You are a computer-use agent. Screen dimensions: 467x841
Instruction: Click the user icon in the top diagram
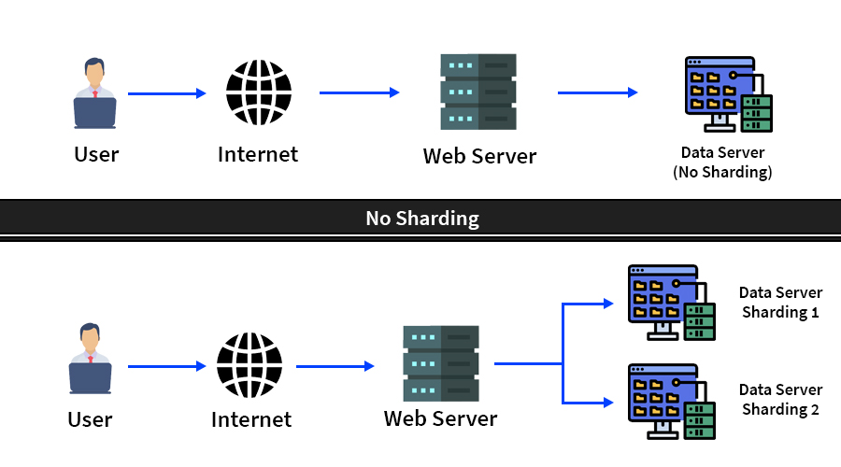click(95, 93)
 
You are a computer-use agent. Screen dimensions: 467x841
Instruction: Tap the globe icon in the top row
click(259, 92)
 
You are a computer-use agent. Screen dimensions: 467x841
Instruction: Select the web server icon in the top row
click(478, 92)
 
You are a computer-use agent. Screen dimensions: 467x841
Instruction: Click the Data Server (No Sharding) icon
click(728, 94)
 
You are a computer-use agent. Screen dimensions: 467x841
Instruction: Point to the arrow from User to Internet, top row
click(166, 93)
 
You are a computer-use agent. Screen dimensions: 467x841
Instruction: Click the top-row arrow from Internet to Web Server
click(359, 92)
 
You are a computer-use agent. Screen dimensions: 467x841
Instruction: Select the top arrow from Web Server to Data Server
click(597, 92)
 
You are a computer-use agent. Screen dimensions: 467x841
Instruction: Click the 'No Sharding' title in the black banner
click(421, 219)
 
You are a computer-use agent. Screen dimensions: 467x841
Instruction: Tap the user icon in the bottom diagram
click(90, 359)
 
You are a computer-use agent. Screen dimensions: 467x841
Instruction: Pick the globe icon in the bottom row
click(249, 365)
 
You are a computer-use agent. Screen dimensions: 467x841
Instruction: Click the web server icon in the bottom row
click(440, 364)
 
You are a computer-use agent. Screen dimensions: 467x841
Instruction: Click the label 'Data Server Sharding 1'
click(780, 303)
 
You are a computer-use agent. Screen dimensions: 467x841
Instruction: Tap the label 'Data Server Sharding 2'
click(780, 400)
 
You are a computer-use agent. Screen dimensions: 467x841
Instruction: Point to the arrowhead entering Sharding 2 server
click(608, 403)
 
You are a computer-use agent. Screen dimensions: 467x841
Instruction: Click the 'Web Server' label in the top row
click(479, 156)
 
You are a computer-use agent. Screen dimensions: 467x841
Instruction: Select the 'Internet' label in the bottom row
click(251, 420)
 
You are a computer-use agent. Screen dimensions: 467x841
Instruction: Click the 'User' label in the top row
click(96, 154)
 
